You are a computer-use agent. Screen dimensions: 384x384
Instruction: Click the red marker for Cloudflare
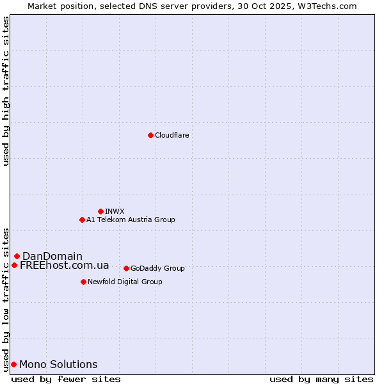pyautogui.click(x=150, y=135)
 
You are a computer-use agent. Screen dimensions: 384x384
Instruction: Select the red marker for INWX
pyautogui.click(x=100, y=211)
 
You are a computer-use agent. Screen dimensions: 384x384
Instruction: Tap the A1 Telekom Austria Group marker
pyautogui.click(x=82, y=220)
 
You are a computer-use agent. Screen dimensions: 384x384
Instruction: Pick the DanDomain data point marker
pyautogui.click(x=17, y=256)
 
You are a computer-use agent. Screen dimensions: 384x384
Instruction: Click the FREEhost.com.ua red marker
pyautogui.click(x=14, y=265)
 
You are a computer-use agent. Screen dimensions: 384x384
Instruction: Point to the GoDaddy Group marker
pyautogui.click(x=126, y=268)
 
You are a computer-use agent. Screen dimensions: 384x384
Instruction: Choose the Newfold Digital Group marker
pyautogui.click(x=83, y=282)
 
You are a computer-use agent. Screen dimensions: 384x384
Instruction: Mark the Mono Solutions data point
pyautogui.click(x=13, y=364)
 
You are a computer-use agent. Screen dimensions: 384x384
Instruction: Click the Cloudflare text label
pyautogui.click(x=172, y=135)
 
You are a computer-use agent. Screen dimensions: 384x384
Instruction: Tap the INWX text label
pyautogui.click(x=115, y=211)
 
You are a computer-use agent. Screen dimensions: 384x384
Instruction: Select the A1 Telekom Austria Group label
pyautogui.click(x=131, y=220)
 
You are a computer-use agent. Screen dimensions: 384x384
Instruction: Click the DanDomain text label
pyautogui.click(x=52, y=256)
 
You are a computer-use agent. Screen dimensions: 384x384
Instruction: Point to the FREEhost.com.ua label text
pyautogui.click(x=64, y=265)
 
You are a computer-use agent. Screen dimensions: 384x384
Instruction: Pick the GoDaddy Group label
pyautogui.click(x=157, y=268)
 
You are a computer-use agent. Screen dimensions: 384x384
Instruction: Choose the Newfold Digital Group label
pyautogui.click(x=125, y=282)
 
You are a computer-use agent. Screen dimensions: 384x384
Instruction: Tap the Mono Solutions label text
pyautogui.click(x=58, y=364)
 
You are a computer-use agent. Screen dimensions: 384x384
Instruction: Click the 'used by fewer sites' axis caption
pyautogui.click(x=66, y=379)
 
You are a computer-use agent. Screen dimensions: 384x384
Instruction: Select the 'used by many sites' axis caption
pyautogui.click(x=321, y=379)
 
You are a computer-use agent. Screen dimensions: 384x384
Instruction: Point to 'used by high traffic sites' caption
pyautogui.click(x=6, y=91)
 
